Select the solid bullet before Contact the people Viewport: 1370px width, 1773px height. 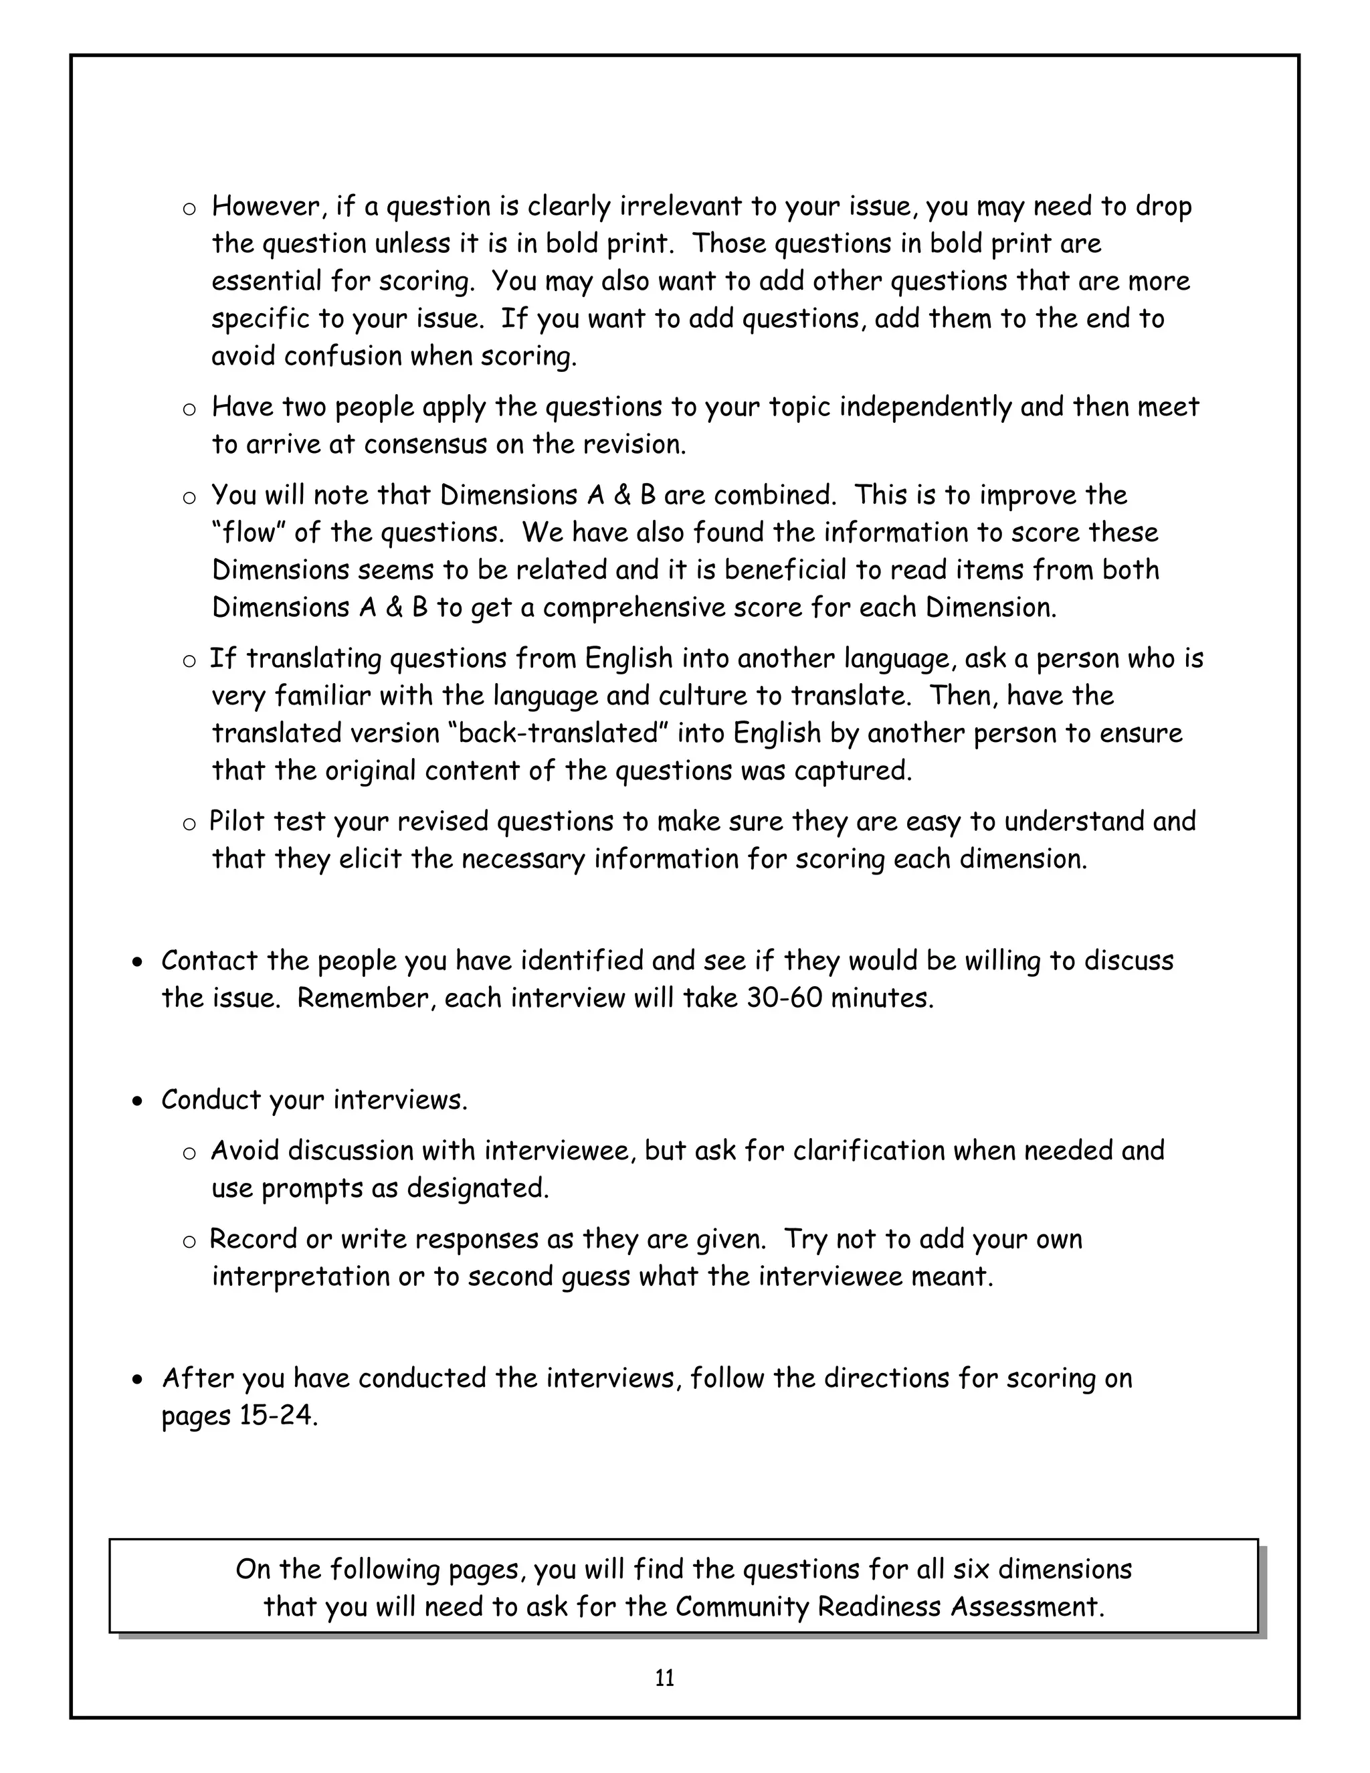(x=138, y=962)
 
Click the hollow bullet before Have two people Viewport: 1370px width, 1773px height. (x=189, y=409)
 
